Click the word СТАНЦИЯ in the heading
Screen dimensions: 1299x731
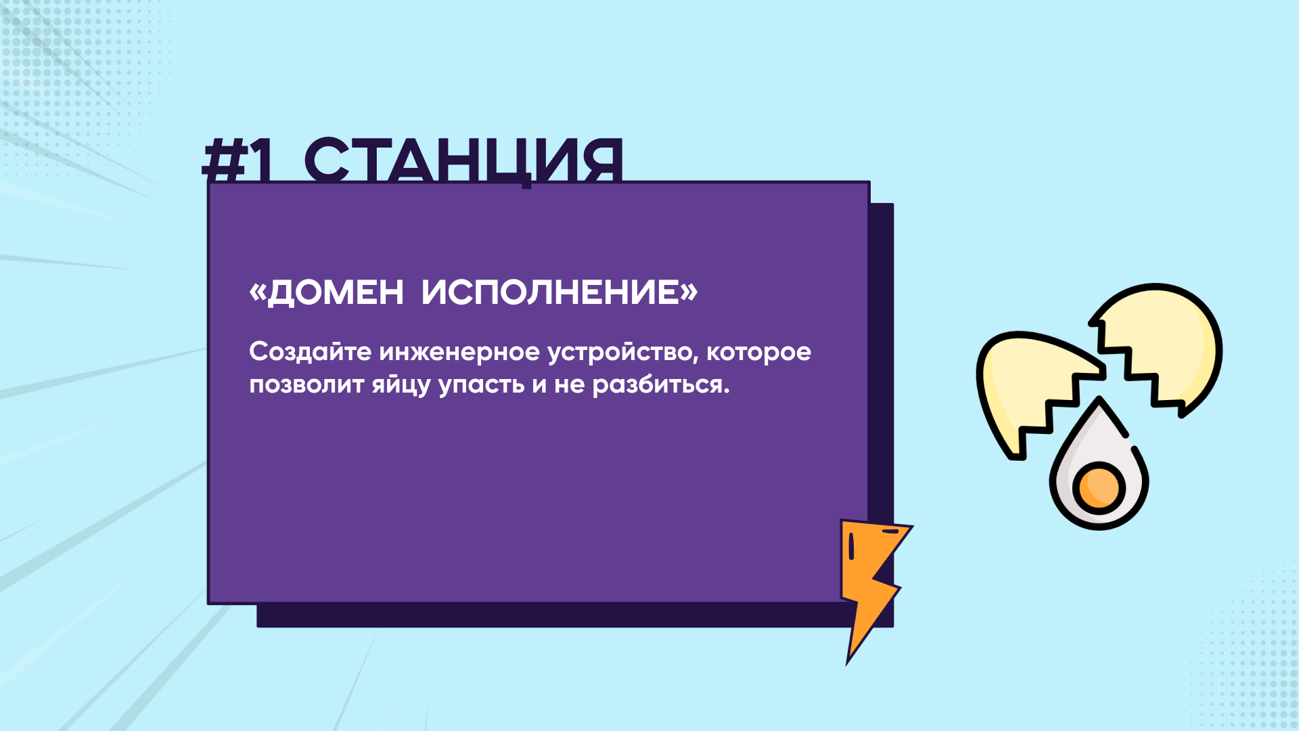click(x=463, y=160)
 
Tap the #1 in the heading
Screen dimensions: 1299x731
click(x=237, y=160)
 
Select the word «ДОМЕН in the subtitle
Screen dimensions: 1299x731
click(x=327, y=292)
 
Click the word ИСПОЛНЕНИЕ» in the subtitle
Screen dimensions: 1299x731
click(x=560, y=292)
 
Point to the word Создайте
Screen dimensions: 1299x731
click(x=311, y=351)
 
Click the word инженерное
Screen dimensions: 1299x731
click(x=459, y=353)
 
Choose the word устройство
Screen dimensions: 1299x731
click(x=622, y=353)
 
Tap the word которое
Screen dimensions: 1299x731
click(x=758, y=353)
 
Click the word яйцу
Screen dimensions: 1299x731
click(x=401, y=384)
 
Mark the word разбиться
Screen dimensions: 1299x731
click(x=661, y=384)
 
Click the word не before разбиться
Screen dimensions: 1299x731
click(x=570, y=385)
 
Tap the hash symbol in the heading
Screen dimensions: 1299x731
click(x=224, y=160)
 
